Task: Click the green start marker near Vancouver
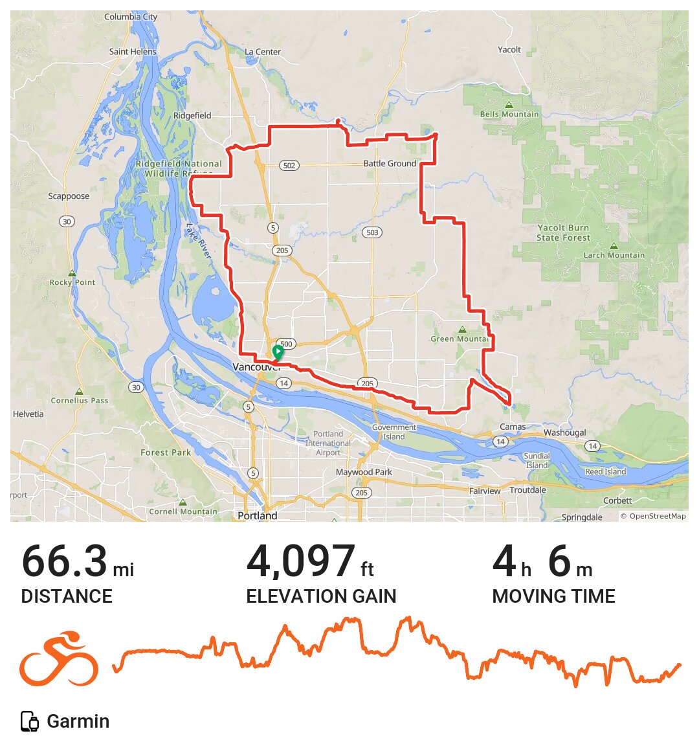(278, 353)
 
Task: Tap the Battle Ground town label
(390, 164)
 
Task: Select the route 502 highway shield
(289, 166)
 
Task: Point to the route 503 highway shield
(372, 232)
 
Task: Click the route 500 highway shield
(286, 344)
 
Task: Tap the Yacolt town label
(509, 50)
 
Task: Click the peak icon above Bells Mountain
(509, 105)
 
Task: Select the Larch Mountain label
(614, 256)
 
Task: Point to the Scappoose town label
(69, 196)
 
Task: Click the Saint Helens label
(133, 52)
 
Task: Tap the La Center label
(263, 52)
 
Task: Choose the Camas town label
(513, 427)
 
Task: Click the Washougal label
(564, 432)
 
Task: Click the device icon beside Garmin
(30, 721)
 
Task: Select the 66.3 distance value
(64, 561)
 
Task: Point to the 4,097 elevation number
(300, 561)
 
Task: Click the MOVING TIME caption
(553, 596)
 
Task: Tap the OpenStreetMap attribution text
(653, 516)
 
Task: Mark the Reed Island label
(605, 472)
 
